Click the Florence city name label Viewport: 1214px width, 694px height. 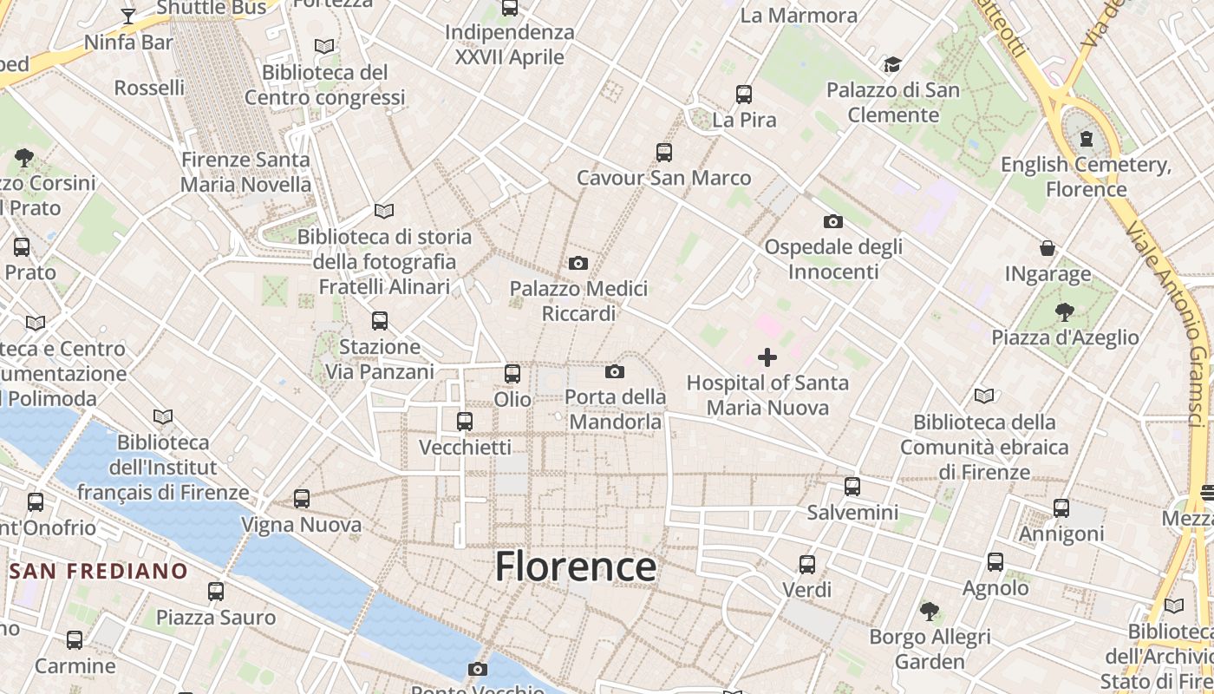click(x=576, y=566)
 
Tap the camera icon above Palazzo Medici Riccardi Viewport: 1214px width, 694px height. click(x=578, y=263)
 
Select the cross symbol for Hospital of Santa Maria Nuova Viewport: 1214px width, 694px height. click(x=767, y=357)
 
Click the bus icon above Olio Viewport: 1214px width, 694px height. click(x=512, y=374)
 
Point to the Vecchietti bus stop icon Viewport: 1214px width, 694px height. click(x=465, y=422)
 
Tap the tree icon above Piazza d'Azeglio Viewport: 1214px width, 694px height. click(x=1065, y=312)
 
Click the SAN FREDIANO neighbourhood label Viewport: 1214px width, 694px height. click(x=99, y=571)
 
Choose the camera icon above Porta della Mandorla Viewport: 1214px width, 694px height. click(x=615, y=372)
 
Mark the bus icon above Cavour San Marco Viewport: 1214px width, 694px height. click(x=664, y=153)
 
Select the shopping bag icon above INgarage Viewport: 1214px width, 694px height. click(x=1048, y=249)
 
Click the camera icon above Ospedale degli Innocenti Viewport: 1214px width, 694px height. click(x=833, y=221)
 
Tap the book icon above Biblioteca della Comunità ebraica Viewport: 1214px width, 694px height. click(x=983, y=396)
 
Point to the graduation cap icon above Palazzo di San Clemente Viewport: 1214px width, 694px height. click(x=892, y=64)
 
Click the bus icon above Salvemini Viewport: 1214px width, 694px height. click(x=852, y=487)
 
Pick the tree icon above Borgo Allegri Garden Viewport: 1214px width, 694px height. click(x=930, y=612)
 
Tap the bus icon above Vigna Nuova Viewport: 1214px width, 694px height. click(x=302, y=499)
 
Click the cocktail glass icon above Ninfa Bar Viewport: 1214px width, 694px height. click(x=128, y=16)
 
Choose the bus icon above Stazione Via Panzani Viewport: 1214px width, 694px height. click(x=380, y=321)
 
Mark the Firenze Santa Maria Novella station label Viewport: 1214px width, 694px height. click(x=245, y=172)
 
